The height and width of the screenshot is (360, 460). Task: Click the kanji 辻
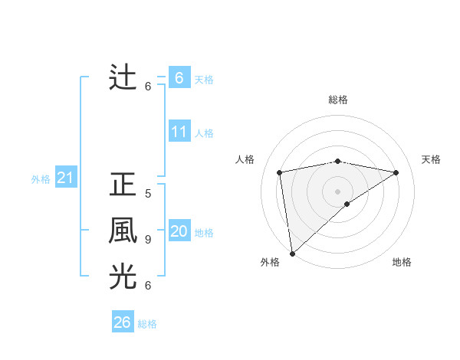(123, 77)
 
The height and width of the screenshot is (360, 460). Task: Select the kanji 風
(123, 231)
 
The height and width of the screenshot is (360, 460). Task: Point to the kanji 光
(123, 277)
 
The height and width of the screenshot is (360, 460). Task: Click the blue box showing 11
(179, 132)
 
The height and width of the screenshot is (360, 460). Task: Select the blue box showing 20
(179, 231)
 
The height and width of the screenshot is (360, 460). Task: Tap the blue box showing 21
(65, 178)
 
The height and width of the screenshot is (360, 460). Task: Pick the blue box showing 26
(122, 322)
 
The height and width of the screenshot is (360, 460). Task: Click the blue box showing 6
(179, 78)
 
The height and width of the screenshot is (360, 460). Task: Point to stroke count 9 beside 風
(148, 240)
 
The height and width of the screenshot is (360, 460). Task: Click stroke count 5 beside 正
(148, 194)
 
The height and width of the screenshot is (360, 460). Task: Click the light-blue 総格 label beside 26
(147, 324)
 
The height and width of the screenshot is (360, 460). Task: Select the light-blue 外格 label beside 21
(41, 179)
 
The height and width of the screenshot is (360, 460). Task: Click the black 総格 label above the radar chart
(337, 100)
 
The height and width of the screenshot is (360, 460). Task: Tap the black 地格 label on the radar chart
(402, 263)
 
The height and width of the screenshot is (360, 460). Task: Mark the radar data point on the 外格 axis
(292, 253)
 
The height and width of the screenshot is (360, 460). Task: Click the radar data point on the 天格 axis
(396, 172)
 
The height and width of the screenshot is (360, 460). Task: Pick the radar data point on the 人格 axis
(280, 172)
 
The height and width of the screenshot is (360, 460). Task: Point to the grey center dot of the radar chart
(337, 191)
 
